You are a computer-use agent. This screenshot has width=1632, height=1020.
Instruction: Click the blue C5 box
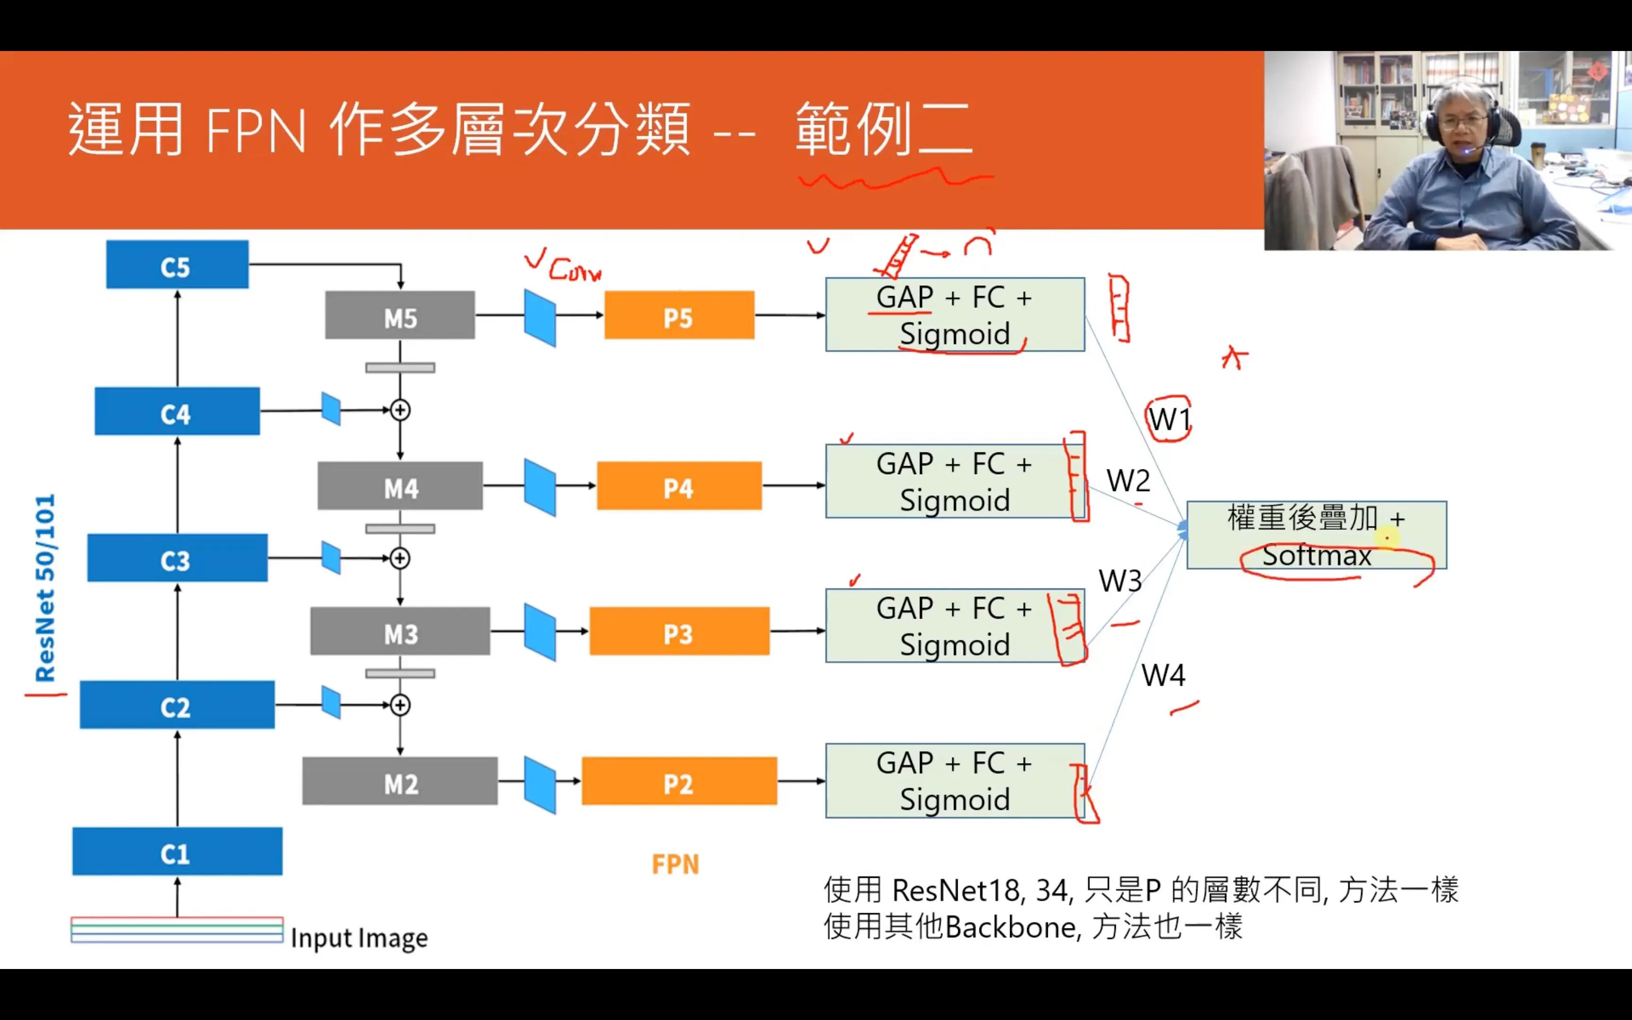pyautogui.click(x=177, y=265)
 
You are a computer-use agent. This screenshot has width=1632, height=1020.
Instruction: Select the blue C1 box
pyautogui.click(x=177, y=851)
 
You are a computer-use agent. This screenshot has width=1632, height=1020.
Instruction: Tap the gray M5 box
pyautogui.click(x=400, y=316)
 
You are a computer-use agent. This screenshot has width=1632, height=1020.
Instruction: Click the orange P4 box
pyautogui.click(x=679, y=486)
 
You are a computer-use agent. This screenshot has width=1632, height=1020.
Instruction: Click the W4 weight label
pyautogui.click(x=1163, y=675)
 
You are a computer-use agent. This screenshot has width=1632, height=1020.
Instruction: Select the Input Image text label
pyautogui.click(x=359, y=938)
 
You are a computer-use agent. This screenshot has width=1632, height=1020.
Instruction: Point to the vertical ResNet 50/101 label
pyautogui.click(x=45, y=587)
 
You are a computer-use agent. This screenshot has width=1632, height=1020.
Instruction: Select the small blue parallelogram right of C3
pyautogui.click(x=331, y=558)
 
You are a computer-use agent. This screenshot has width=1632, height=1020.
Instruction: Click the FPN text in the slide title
pyautogui.click(x=255, y=132)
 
